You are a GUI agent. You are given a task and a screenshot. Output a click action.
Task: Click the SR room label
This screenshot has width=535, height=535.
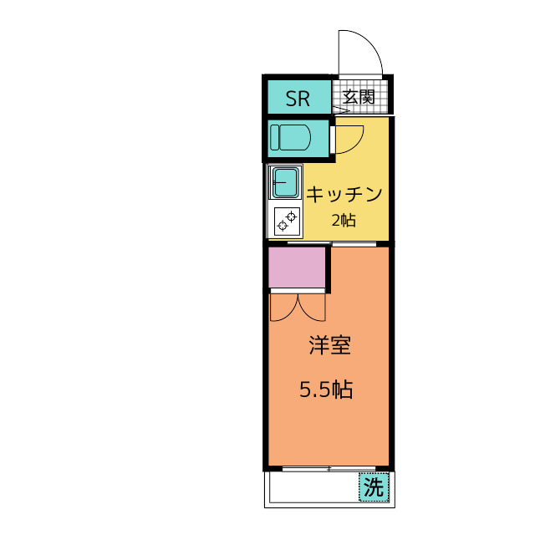298,99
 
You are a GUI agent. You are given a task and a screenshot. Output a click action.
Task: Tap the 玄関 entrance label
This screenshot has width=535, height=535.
359,97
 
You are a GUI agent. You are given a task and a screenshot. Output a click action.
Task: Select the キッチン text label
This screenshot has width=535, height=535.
344,195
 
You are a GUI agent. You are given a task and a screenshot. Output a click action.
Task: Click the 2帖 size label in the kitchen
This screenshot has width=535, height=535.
344,221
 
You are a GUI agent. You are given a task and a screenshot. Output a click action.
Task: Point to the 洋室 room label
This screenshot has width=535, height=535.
330,345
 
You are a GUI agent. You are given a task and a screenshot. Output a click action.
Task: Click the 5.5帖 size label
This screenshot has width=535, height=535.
326,390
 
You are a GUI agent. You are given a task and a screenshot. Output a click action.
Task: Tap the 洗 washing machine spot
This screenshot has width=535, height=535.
374,487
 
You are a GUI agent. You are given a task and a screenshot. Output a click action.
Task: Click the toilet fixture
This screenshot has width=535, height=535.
290,138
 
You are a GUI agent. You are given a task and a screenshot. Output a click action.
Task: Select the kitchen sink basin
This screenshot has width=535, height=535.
285,182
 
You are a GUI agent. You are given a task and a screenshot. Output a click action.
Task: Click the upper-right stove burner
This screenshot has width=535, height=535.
292,217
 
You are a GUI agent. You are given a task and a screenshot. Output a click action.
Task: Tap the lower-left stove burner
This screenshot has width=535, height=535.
283,226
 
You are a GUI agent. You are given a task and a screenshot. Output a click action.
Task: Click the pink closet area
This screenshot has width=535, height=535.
297,267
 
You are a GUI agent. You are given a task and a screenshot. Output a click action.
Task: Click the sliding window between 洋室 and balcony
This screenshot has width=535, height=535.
329,469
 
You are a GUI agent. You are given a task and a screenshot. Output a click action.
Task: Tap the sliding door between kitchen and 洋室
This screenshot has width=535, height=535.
332,243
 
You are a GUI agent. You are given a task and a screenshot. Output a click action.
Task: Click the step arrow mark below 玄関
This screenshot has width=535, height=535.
341,110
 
